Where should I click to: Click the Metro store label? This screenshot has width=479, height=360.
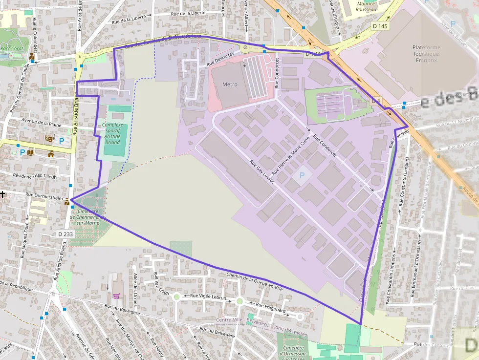point(230,85)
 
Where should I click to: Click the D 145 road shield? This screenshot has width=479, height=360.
point(379,26)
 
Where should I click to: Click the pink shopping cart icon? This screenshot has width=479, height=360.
point(116,296)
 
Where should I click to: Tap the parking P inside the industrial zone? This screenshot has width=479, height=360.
point(302,175)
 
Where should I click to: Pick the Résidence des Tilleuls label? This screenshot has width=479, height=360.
point(35,176)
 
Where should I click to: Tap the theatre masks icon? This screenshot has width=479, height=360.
point(48,139)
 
